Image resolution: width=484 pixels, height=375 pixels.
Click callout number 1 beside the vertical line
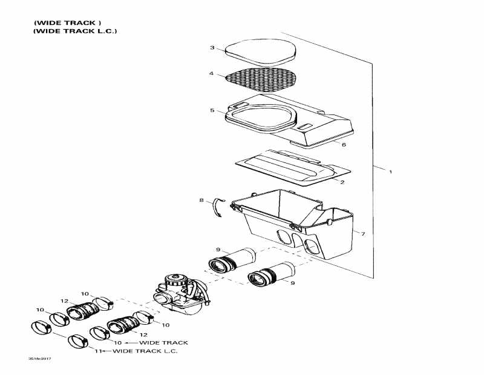(390, 172)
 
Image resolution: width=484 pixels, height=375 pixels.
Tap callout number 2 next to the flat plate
(342, 182)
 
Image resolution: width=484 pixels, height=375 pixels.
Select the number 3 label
(212, 48)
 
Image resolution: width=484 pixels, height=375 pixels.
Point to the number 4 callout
(212, 74)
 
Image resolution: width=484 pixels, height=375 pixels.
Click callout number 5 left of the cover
(212, 110)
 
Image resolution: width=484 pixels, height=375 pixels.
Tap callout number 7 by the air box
(362, 233)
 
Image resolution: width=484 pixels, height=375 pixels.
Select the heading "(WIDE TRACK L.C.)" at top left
(75, 31)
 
